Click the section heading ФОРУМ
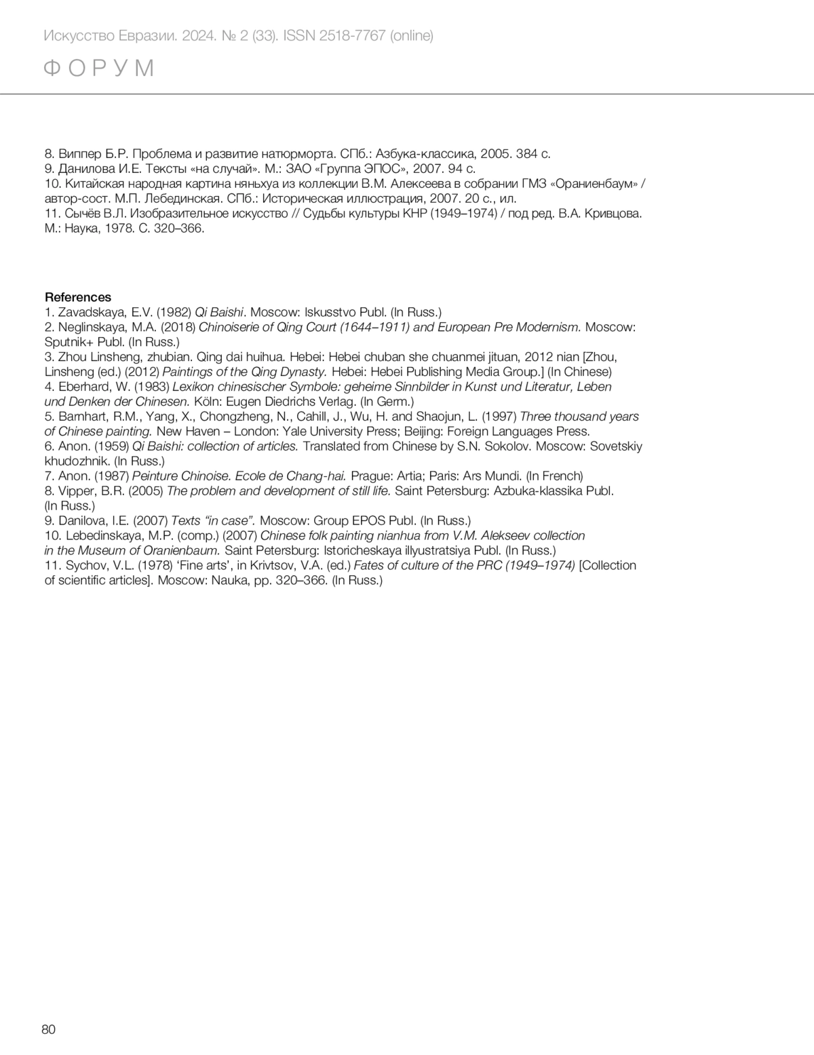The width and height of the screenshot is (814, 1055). click(99, 69)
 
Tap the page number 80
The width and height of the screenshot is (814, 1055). click(49, 1029)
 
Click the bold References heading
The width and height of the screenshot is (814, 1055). click(77, 297)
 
